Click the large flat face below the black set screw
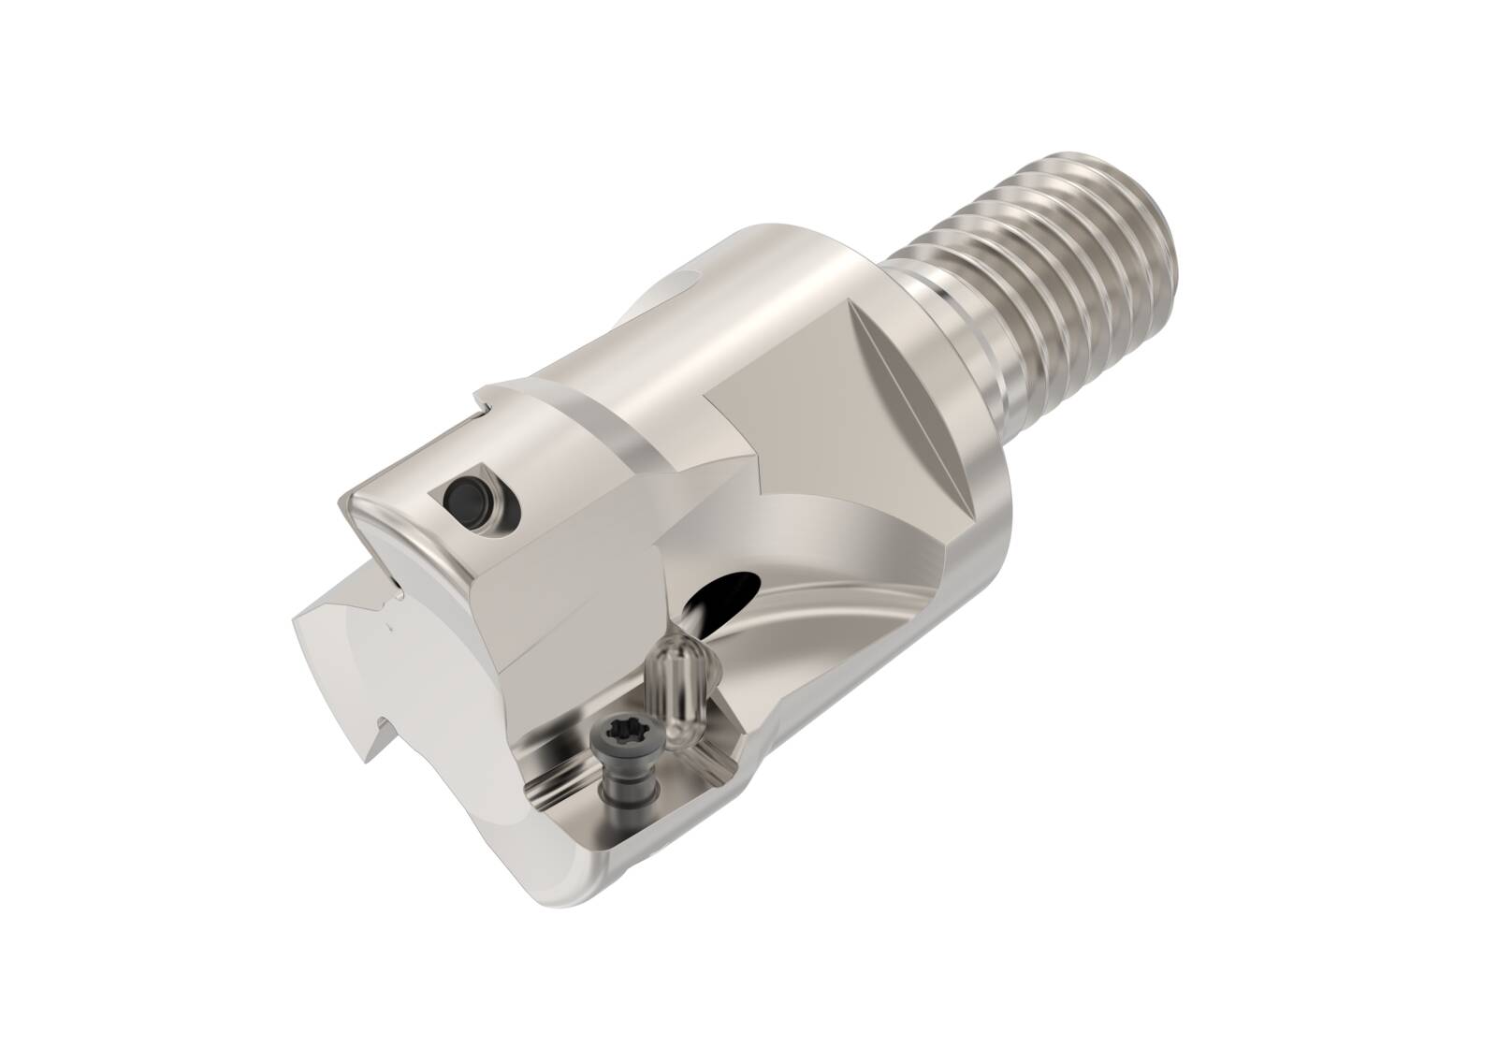(561, 599)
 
